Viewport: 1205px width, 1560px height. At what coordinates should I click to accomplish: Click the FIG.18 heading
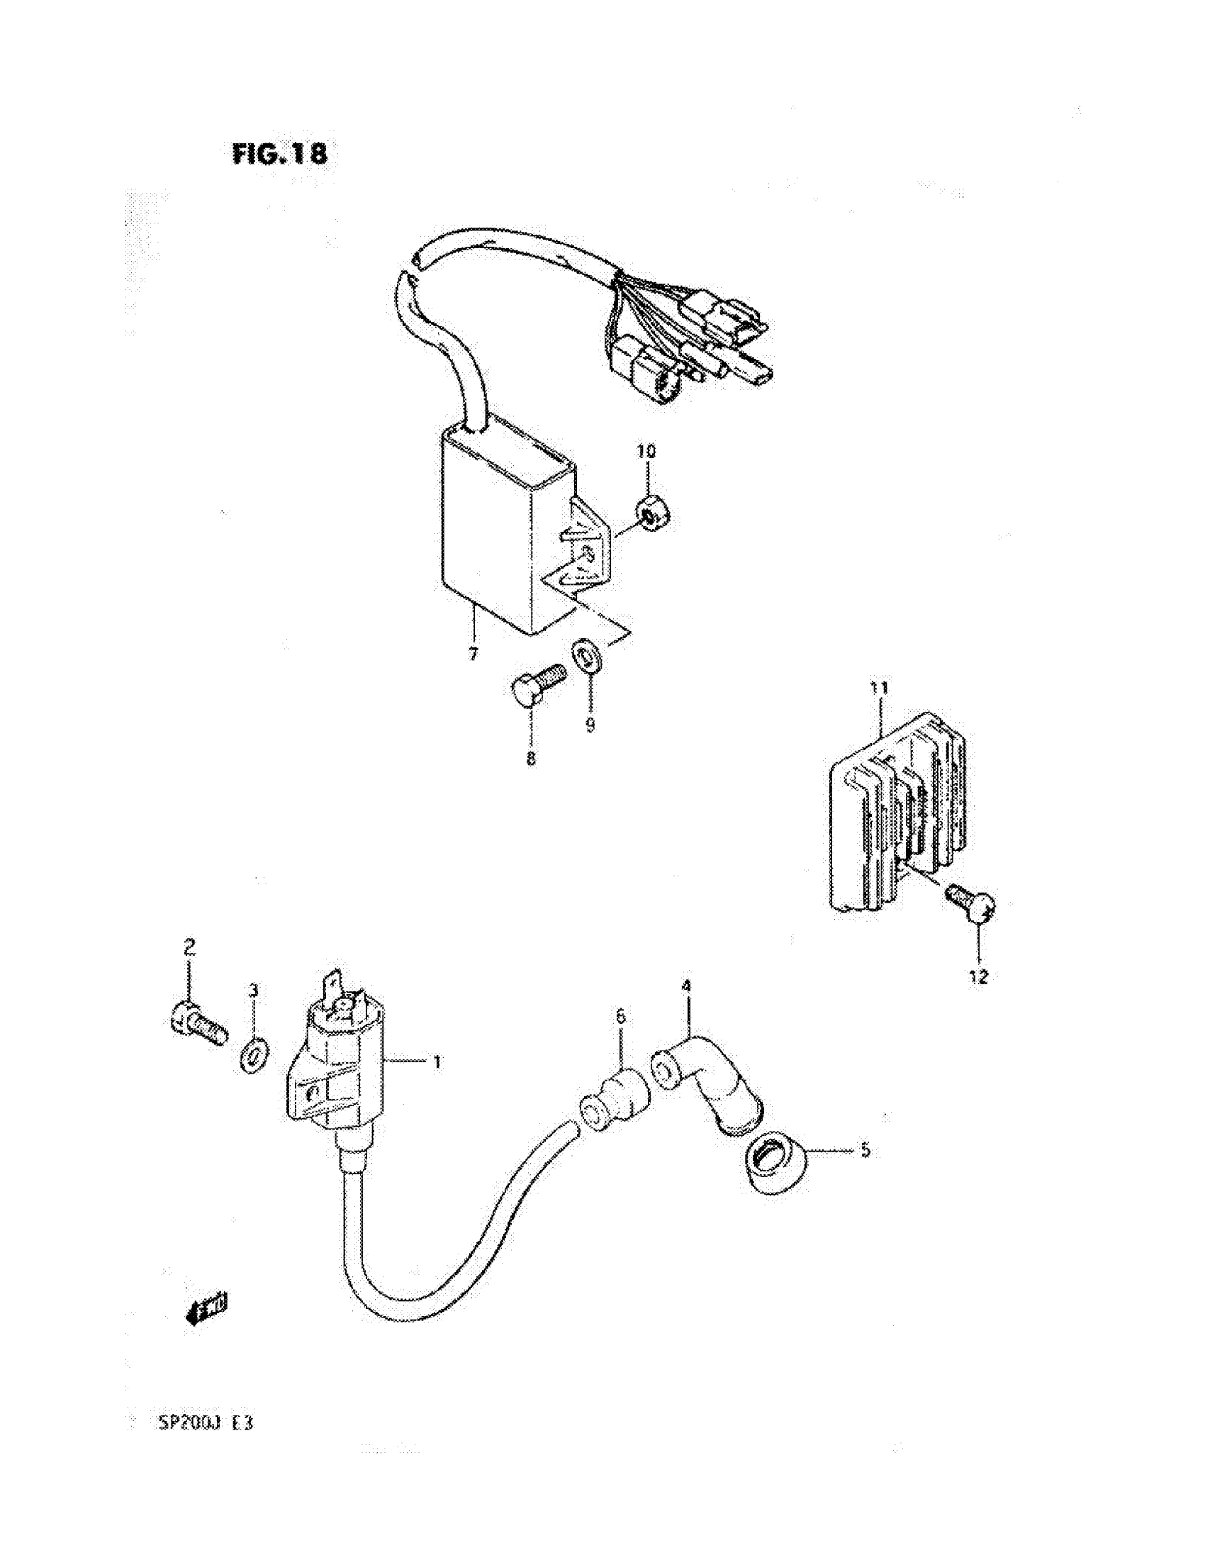[280, 155]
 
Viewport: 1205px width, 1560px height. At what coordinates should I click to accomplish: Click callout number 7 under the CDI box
[473, 654]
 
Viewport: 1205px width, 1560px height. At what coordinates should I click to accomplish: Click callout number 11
[879, 689]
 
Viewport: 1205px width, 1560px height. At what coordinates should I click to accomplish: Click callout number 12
[978, 977]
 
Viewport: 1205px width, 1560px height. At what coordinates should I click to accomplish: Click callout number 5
[865, 1150]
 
